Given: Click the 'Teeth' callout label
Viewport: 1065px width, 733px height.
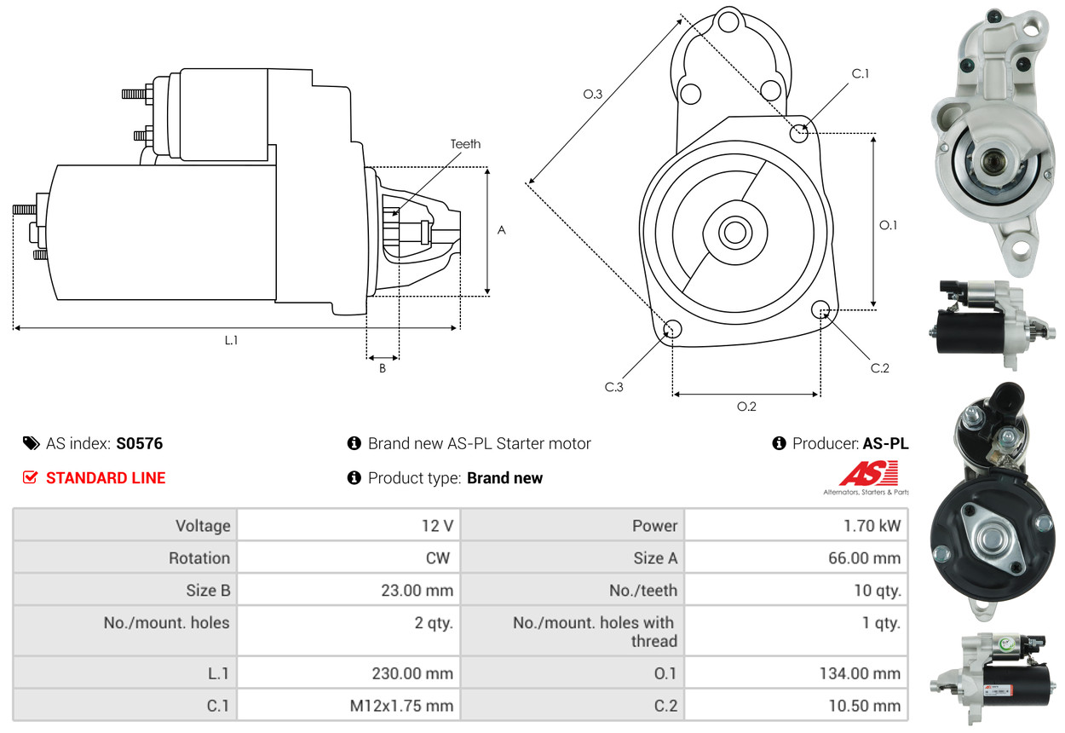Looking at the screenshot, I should tap(465, 144).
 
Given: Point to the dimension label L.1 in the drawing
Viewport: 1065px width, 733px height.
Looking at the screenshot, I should tap(231, 340).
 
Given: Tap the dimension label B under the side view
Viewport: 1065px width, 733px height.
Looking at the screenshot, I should tap(383, 369).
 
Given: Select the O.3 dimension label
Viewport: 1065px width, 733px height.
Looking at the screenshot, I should tap(593, 95).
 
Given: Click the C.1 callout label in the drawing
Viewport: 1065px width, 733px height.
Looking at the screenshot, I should tap(861, 74).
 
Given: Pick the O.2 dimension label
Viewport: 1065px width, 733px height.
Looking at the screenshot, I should tap(746, 407).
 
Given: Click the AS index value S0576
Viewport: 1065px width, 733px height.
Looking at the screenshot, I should tap(139, 443).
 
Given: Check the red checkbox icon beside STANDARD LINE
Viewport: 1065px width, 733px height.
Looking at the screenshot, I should tap(30, 477).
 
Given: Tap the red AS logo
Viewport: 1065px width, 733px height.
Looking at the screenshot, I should tap(868, 473).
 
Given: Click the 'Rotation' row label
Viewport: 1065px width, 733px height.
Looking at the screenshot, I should tap(199, 558).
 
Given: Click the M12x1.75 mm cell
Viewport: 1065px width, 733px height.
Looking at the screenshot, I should tap(402, 706).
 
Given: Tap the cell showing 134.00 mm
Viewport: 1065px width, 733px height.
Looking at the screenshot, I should tap(860, 673).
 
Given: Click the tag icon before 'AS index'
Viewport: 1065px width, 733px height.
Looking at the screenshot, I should tap(31, 443).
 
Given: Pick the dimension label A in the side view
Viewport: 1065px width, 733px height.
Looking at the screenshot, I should tap(502, 230).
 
